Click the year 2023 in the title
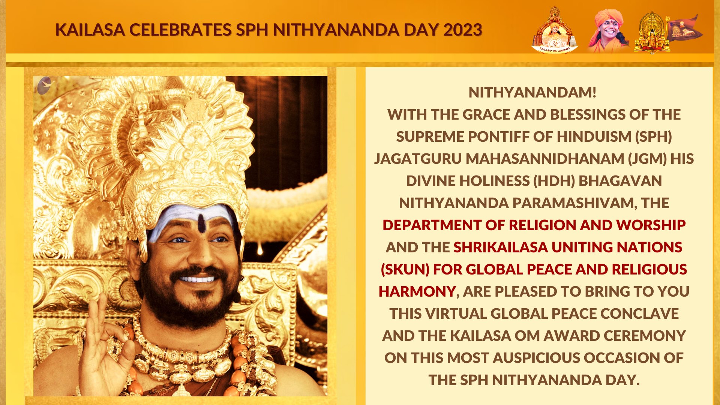pos(463,30)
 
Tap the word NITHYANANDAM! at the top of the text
pos(532,93)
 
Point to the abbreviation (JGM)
pos(648,159)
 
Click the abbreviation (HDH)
pos(554,181)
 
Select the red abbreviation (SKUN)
pos(405,270)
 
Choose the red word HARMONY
pos(417,292)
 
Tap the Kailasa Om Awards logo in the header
pos(555,30)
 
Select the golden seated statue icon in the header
pos(652,32)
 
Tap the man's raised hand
pos(105,349)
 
